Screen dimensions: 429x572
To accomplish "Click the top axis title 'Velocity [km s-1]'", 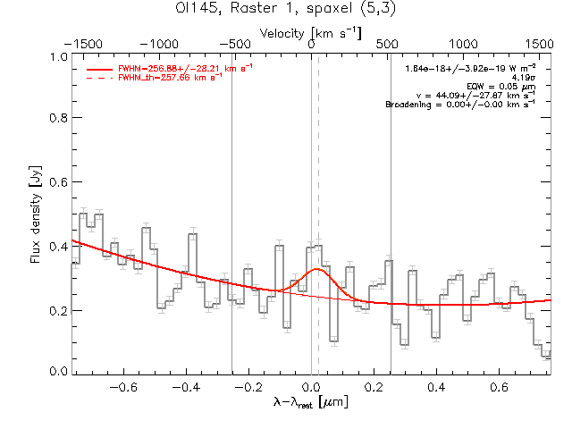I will click(x=310, y=33).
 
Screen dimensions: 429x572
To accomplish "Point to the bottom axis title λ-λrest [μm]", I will click(x=310, y=404).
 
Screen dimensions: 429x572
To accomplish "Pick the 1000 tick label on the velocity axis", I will click(x=463, y=44).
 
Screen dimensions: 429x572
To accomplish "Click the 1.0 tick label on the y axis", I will click(x=57, y=55).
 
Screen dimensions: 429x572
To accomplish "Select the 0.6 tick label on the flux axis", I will click(x=57, y=182).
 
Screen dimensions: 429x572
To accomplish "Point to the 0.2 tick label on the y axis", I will click(x=57, y=310).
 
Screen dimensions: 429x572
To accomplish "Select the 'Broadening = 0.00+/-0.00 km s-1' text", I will click(x=460, y=104).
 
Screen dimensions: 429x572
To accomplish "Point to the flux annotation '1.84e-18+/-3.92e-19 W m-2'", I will click(x=470, y=68).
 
